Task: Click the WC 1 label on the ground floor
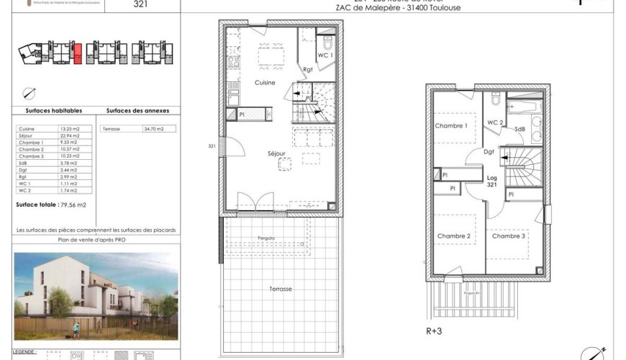click(325, 55)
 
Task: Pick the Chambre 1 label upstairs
click(451, 126)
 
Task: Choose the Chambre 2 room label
click(453, 236)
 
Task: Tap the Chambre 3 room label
click(509, 236)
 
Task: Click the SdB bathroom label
click(519, 129)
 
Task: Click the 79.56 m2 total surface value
click(73, 205)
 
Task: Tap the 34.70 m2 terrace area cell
click(154, 128)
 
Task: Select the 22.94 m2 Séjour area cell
click(69, 136)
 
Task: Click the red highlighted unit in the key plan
click(77, 53)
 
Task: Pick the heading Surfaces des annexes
click(137, 111)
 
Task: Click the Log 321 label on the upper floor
click(492, 181)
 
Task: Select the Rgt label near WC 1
click(307, 69)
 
